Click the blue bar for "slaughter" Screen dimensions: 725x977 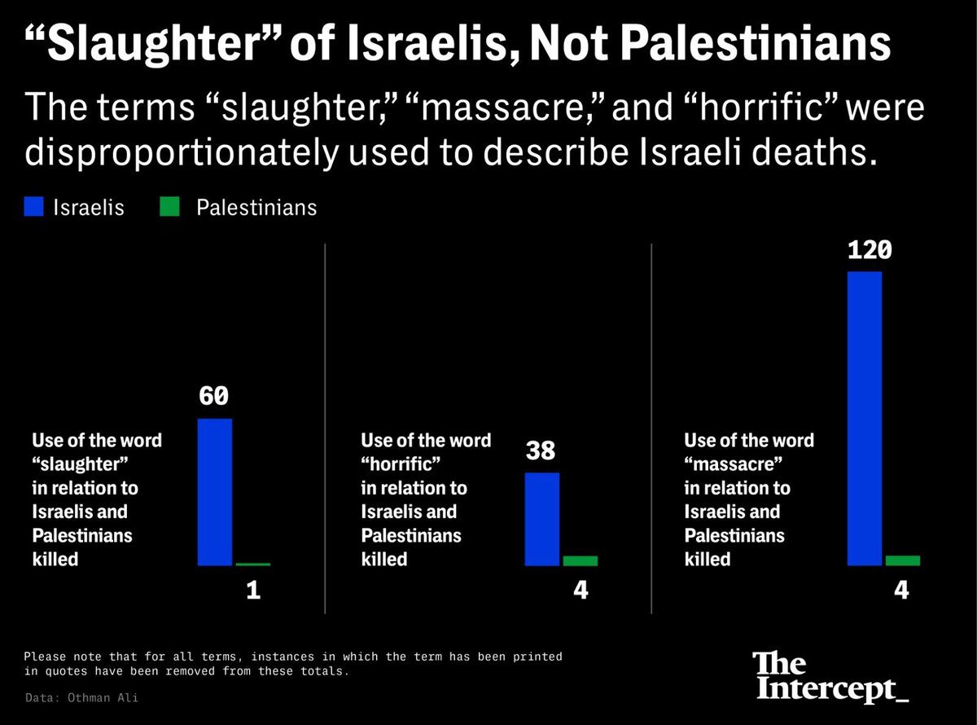(215, 491)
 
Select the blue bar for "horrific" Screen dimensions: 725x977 (542, 518)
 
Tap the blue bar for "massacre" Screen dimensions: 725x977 (865, 418)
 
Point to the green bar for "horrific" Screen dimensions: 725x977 (581, 560)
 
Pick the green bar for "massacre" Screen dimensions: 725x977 (903, 560)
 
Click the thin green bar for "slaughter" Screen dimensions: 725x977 (253, 564)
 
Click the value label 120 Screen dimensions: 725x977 (870, 249)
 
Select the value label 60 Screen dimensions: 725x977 (215, 397)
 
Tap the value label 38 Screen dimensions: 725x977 (541, 450)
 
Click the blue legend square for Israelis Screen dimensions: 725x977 (35, 207)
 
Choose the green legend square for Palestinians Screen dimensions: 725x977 (169, 207)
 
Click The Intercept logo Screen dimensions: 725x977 (830, 676)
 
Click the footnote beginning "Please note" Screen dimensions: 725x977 (293, 664)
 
